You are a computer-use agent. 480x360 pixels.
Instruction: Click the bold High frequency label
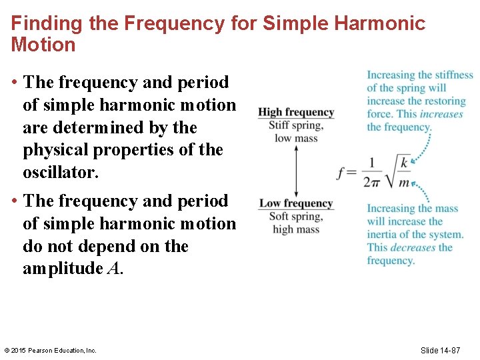tap(296, 113)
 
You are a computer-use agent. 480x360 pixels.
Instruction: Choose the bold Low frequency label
tap(296, 203)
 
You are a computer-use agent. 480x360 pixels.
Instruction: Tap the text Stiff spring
tap(296, 125)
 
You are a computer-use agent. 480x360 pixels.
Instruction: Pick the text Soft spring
tap(296, 217)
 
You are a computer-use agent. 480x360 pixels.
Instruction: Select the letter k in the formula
tap(404, 162)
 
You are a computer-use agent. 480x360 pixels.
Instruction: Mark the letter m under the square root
tap(404, 182)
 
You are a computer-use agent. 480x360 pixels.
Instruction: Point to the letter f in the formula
tap(343, 172)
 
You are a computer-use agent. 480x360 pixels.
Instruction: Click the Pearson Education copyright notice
tap(51, 350)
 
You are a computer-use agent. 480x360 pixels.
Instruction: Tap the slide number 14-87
tap(449, 350)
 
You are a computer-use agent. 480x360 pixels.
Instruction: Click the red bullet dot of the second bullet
tap(14, 201)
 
